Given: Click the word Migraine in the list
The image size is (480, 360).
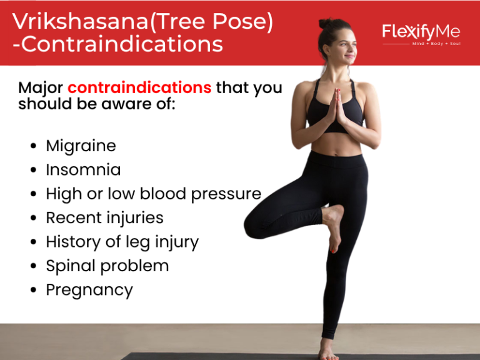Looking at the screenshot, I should [x=81, y=146].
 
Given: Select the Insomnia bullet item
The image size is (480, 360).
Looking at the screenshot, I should [x=83, y=170].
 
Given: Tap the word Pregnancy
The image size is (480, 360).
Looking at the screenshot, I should [x=89, y=290].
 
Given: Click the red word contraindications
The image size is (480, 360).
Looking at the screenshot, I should [x=139, y=87].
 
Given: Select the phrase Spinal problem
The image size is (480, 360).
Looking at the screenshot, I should [x=107, y=266].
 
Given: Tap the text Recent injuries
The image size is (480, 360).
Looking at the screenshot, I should [x=104, y=217].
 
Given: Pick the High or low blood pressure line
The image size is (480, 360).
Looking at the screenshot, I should [x=153, y=194].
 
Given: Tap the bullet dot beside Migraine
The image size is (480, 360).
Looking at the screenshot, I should [x=33, y=147].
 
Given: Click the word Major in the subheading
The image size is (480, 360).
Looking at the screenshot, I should [x=41, y=87].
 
